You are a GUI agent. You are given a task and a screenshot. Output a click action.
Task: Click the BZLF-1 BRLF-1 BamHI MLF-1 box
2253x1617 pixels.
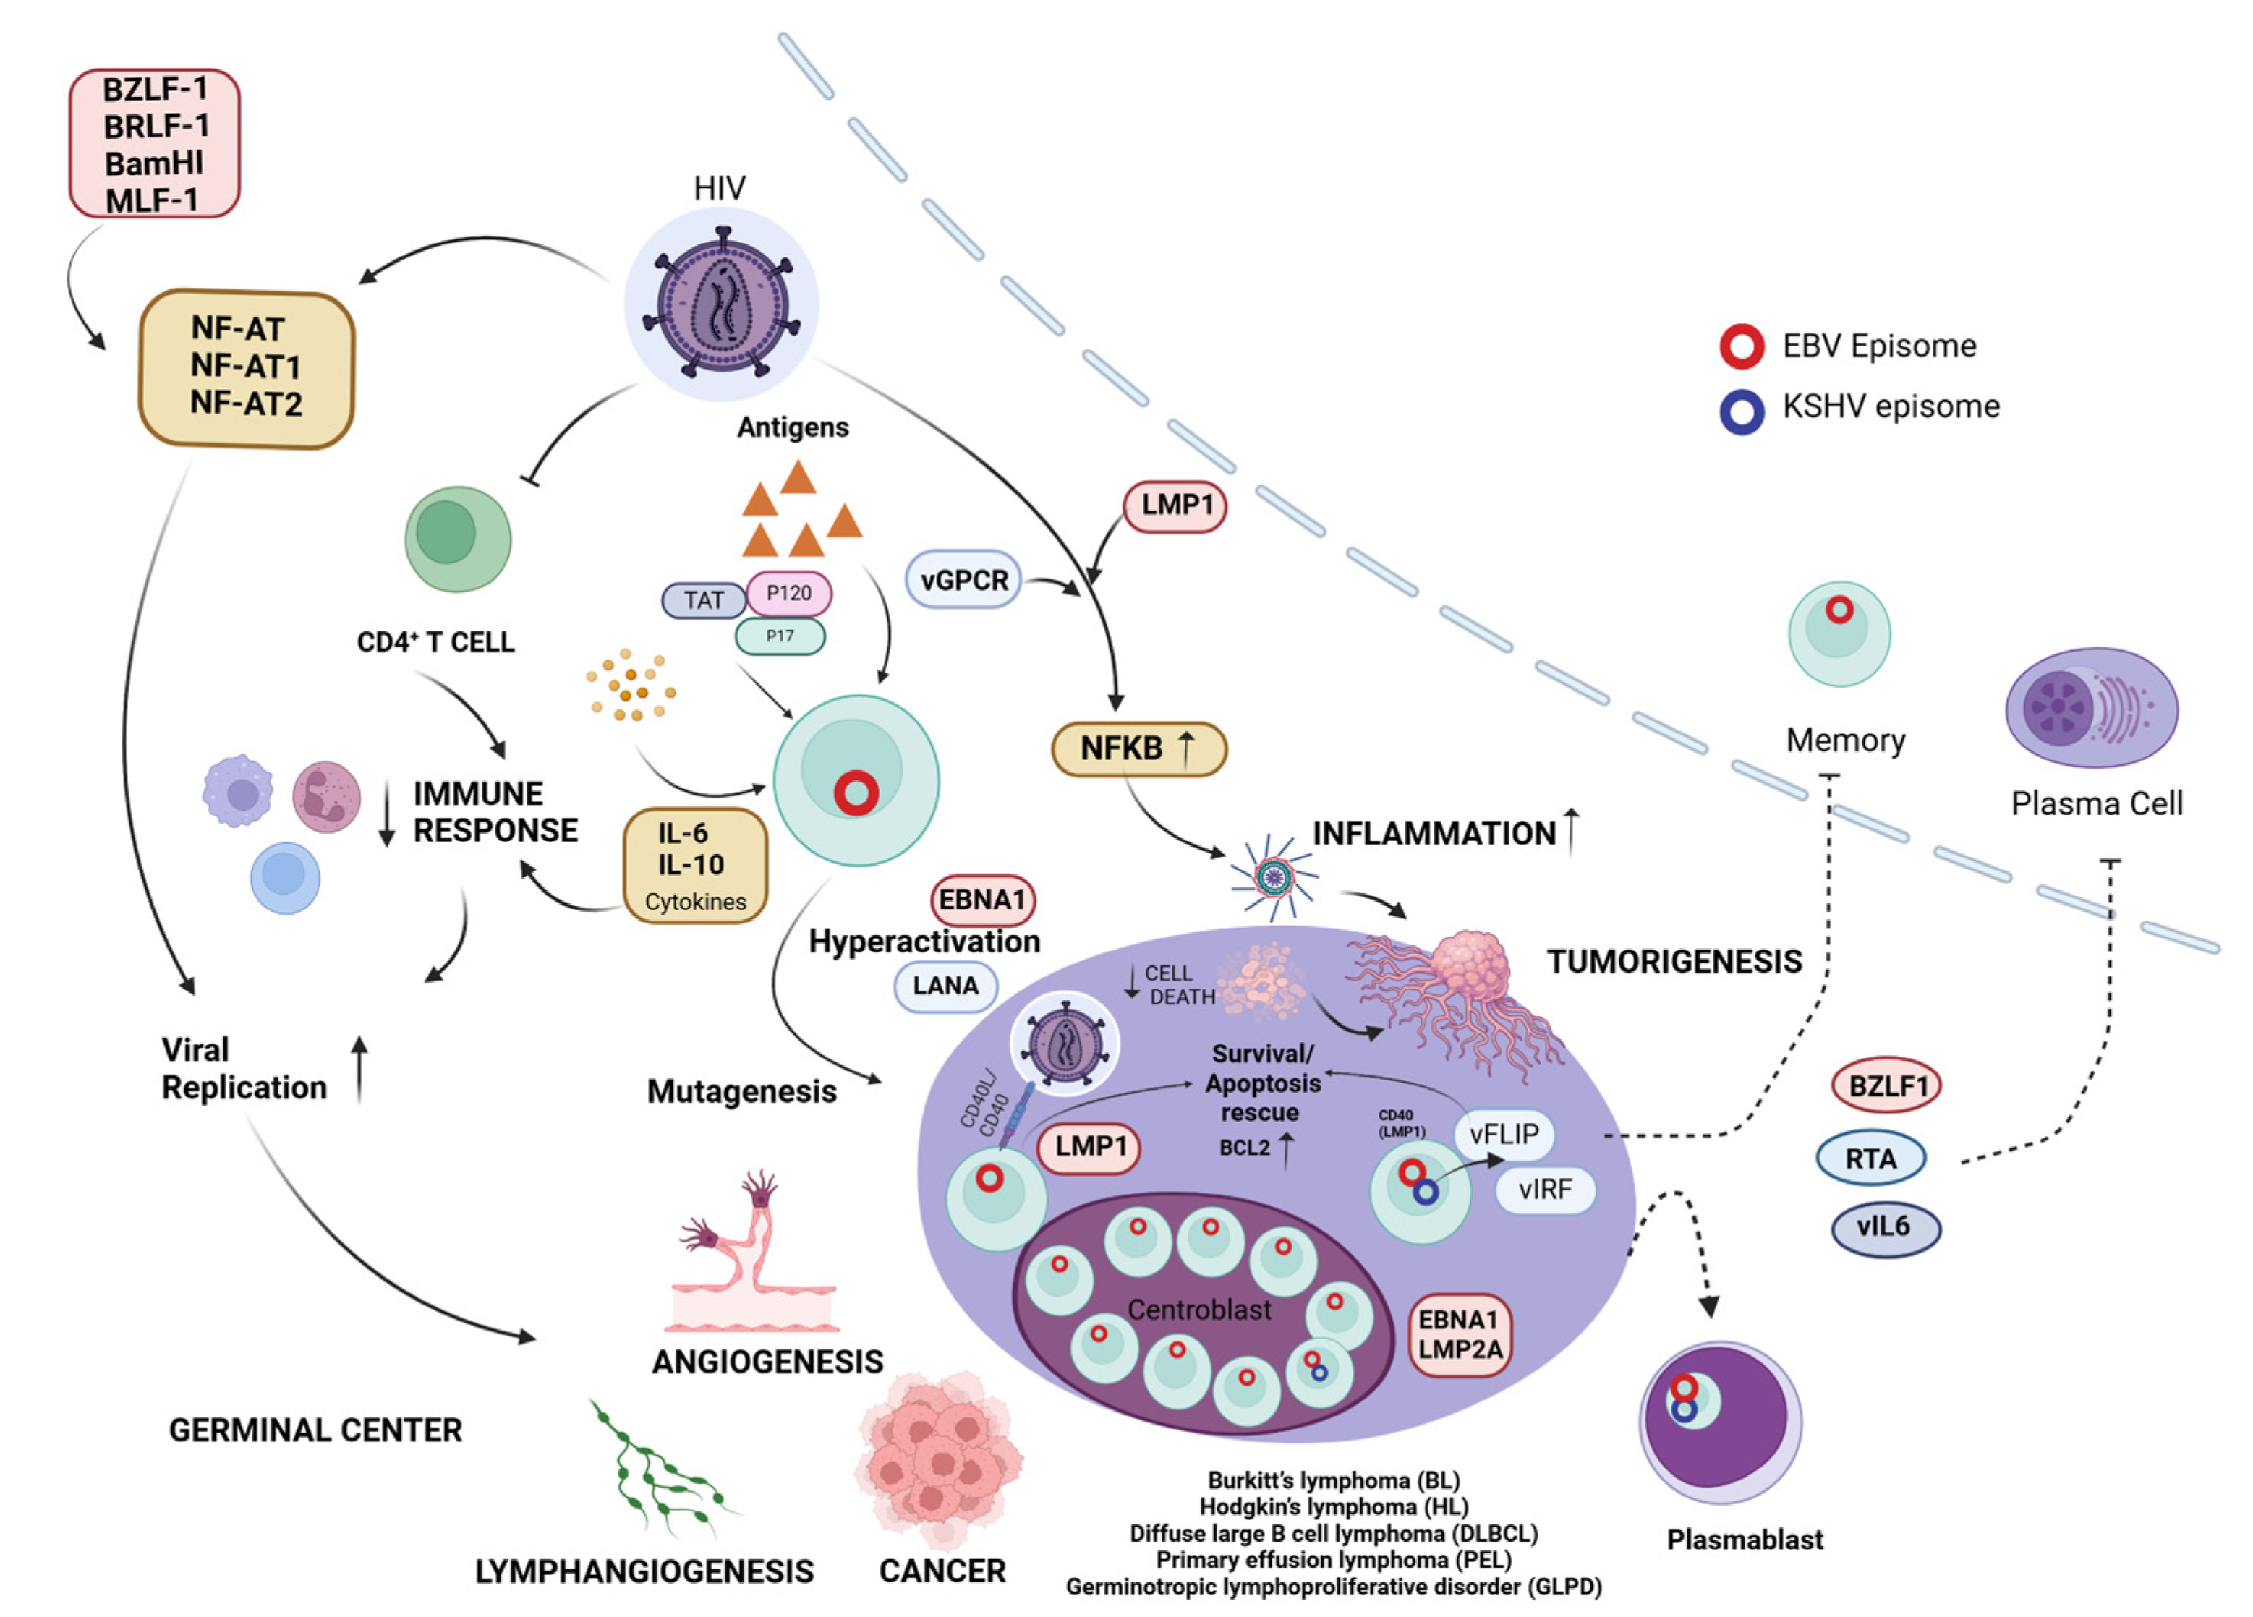click(x=154, y=144)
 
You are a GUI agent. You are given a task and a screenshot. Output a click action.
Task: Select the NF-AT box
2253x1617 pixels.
click(x=247, y=367)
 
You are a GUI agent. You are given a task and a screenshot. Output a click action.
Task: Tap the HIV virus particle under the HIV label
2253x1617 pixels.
click(x=721, y=304)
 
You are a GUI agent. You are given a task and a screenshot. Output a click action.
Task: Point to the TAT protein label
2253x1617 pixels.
click(x=703, y=600)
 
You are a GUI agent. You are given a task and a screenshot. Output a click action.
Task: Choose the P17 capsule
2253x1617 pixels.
click(x=780, y=636)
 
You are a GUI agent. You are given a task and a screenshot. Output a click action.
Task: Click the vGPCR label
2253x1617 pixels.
click(x=963, y=580)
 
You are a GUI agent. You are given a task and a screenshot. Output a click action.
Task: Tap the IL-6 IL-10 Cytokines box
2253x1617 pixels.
click(x=694, y=865)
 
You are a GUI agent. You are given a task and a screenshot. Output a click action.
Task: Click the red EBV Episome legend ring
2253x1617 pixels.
click(x=1742, y=346)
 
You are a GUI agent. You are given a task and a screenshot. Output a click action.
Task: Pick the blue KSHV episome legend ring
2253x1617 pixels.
click(x=1742, y=409)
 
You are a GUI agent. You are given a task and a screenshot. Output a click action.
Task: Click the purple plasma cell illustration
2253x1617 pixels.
click(x=2091, y=707)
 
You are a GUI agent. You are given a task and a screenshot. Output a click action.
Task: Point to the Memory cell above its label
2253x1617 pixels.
click(x=1839, y=633)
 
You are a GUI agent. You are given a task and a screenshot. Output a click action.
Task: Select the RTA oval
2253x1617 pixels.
click(x=1870, y=1158)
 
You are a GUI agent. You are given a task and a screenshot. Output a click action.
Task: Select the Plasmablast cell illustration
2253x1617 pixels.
click(x=1719, y=1420)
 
